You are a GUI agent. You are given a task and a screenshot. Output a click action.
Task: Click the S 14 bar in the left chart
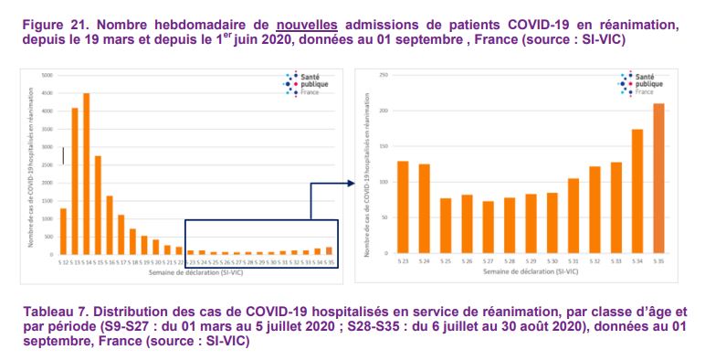point(87,173)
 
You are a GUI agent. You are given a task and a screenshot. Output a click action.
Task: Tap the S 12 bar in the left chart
point(63,229)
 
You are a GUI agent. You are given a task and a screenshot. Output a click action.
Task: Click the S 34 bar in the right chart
point(637,191)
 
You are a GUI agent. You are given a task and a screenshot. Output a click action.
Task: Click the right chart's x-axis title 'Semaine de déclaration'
point(530,271)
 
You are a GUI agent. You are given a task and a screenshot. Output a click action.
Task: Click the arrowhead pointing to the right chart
point(351,183)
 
